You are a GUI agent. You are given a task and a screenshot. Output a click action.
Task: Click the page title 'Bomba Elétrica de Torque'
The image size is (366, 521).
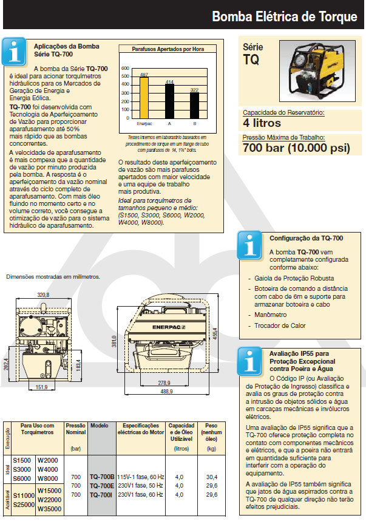[x=284, y=16]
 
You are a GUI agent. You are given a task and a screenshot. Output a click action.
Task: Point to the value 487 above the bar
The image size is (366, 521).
[x=144, y=75]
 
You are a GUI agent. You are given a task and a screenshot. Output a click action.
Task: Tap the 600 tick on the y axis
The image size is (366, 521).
[x=126, y=68]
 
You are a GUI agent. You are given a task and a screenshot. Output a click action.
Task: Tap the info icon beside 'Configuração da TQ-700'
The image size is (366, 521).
[x=249, y=245]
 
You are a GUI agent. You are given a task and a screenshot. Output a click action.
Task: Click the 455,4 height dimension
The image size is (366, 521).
[x=213, y=332]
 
